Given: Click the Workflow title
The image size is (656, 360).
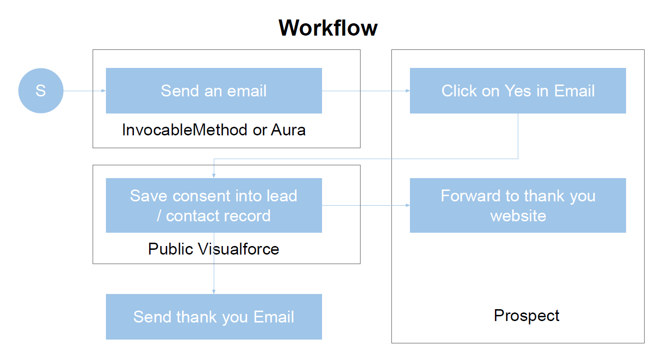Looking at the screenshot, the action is pos(328,28).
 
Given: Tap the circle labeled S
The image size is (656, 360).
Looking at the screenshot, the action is pos(41,91).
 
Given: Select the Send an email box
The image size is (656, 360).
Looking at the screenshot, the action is pos(214,91).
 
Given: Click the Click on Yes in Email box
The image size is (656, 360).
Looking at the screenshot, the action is pos(518,91).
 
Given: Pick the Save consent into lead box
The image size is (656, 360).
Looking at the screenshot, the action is pos(214,205).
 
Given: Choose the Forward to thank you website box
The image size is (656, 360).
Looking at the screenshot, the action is pos(518,205).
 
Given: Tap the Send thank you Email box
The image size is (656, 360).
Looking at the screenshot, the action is pos(214,317).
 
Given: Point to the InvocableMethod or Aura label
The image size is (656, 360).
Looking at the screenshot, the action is pos(214,130).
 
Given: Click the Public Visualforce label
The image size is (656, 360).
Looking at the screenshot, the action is pos(214,249).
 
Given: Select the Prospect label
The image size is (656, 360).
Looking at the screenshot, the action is pos(526,316).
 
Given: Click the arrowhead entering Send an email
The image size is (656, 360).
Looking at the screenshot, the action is pos(104,91).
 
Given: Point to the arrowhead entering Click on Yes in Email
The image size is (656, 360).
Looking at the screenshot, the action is pos(408,91).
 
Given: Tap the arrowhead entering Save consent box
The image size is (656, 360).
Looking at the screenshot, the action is pos(214,176).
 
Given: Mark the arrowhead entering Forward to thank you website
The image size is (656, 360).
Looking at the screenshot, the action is pos(408,205).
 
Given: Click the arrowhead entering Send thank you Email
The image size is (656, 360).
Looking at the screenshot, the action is pos(214,292).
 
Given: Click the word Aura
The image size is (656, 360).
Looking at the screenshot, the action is pos(288,130).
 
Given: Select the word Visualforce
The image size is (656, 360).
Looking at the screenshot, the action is pos(238,249).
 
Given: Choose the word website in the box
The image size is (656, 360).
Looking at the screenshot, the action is pos(518,216).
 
